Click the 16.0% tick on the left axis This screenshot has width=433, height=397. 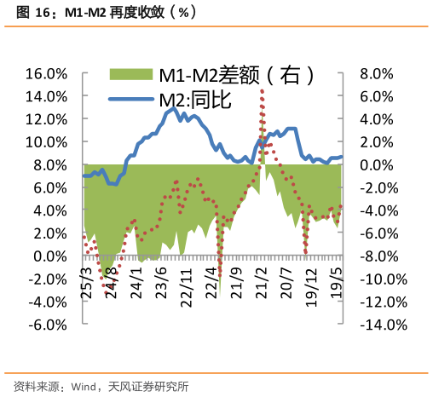click(43, 73)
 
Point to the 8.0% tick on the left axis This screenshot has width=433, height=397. click(46, 164)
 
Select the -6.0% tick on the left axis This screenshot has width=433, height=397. click(43, 325)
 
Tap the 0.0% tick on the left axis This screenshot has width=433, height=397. click(46, 256)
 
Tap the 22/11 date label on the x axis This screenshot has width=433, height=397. click(186, 278)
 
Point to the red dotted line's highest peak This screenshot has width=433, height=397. click(262, 89)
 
